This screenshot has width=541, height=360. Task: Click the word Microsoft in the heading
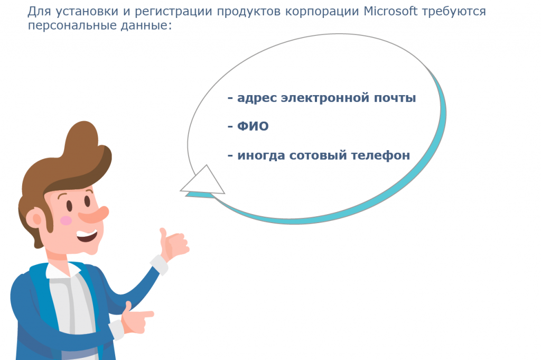click(390, 11)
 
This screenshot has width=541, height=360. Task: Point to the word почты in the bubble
click(395, 98)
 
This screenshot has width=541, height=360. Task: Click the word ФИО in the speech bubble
click(253, 126)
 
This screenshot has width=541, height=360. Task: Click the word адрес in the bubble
click(257, 98)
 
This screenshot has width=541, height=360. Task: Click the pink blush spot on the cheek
click(66, 220)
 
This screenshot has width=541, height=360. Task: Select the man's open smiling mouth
click(87, 236)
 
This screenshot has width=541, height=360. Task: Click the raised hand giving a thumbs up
click(173, 243)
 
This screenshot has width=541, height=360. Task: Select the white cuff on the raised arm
click(159, 264)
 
